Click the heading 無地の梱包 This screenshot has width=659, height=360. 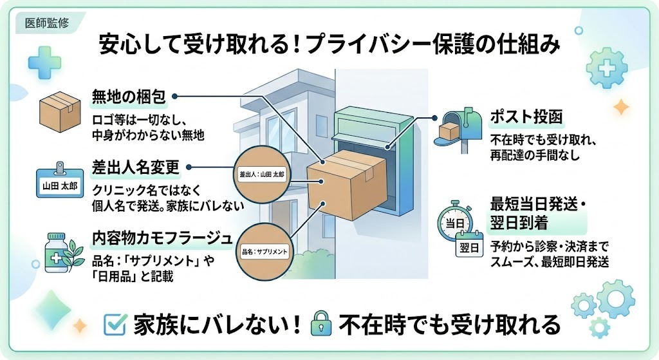(x=129, y=97)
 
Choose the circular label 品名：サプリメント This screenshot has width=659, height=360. (x=264, y=248)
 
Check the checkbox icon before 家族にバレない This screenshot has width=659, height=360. (x=114, y=325)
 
